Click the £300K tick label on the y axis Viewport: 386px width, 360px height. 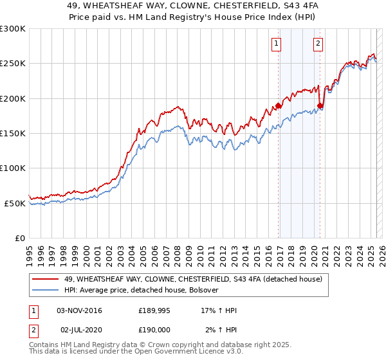[13, 29]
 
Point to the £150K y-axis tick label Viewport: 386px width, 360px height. [13, 133]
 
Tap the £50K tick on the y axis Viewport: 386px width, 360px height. [15, 203]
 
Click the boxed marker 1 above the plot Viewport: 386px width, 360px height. [277, 44]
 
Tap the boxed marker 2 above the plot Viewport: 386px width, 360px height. [318, 44]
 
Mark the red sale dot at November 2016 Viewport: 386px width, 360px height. [278, 105]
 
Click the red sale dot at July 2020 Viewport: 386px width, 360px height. [320, 105]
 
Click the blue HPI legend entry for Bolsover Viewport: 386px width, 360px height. [142, 290]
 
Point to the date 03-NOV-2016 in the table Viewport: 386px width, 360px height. [80, 311]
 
